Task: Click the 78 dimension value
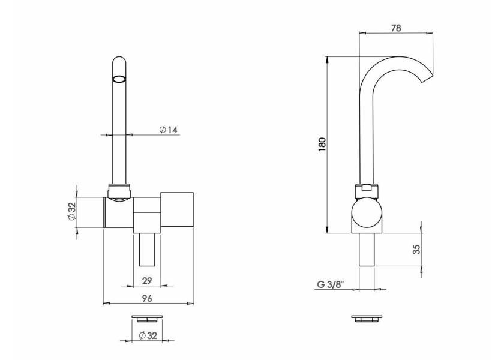396,28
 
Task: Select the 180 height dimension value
322,145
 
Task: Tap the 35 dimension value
416,249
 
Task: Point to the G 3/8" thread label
331,284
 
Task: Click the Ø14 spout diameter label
168,130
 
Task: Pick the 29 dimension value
146,281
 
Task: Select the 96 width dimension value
146,298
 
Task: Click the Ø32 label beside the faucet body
71,211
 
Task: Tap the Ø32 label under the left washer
148,335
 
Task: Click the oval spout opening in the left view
119,79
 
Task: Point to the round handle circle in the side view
367,214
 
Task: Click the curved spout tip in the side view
428,78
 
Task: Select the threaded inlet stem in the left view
147,250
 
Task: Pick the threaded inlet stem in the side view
367,250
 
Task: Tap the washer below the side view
367,318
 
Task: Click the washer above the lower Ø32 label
147,318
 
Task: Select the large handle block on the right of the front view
177,209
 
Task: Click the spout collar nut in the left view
119,191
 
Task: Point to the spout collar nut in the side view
367,191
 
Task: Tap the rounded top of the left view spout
119,60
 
